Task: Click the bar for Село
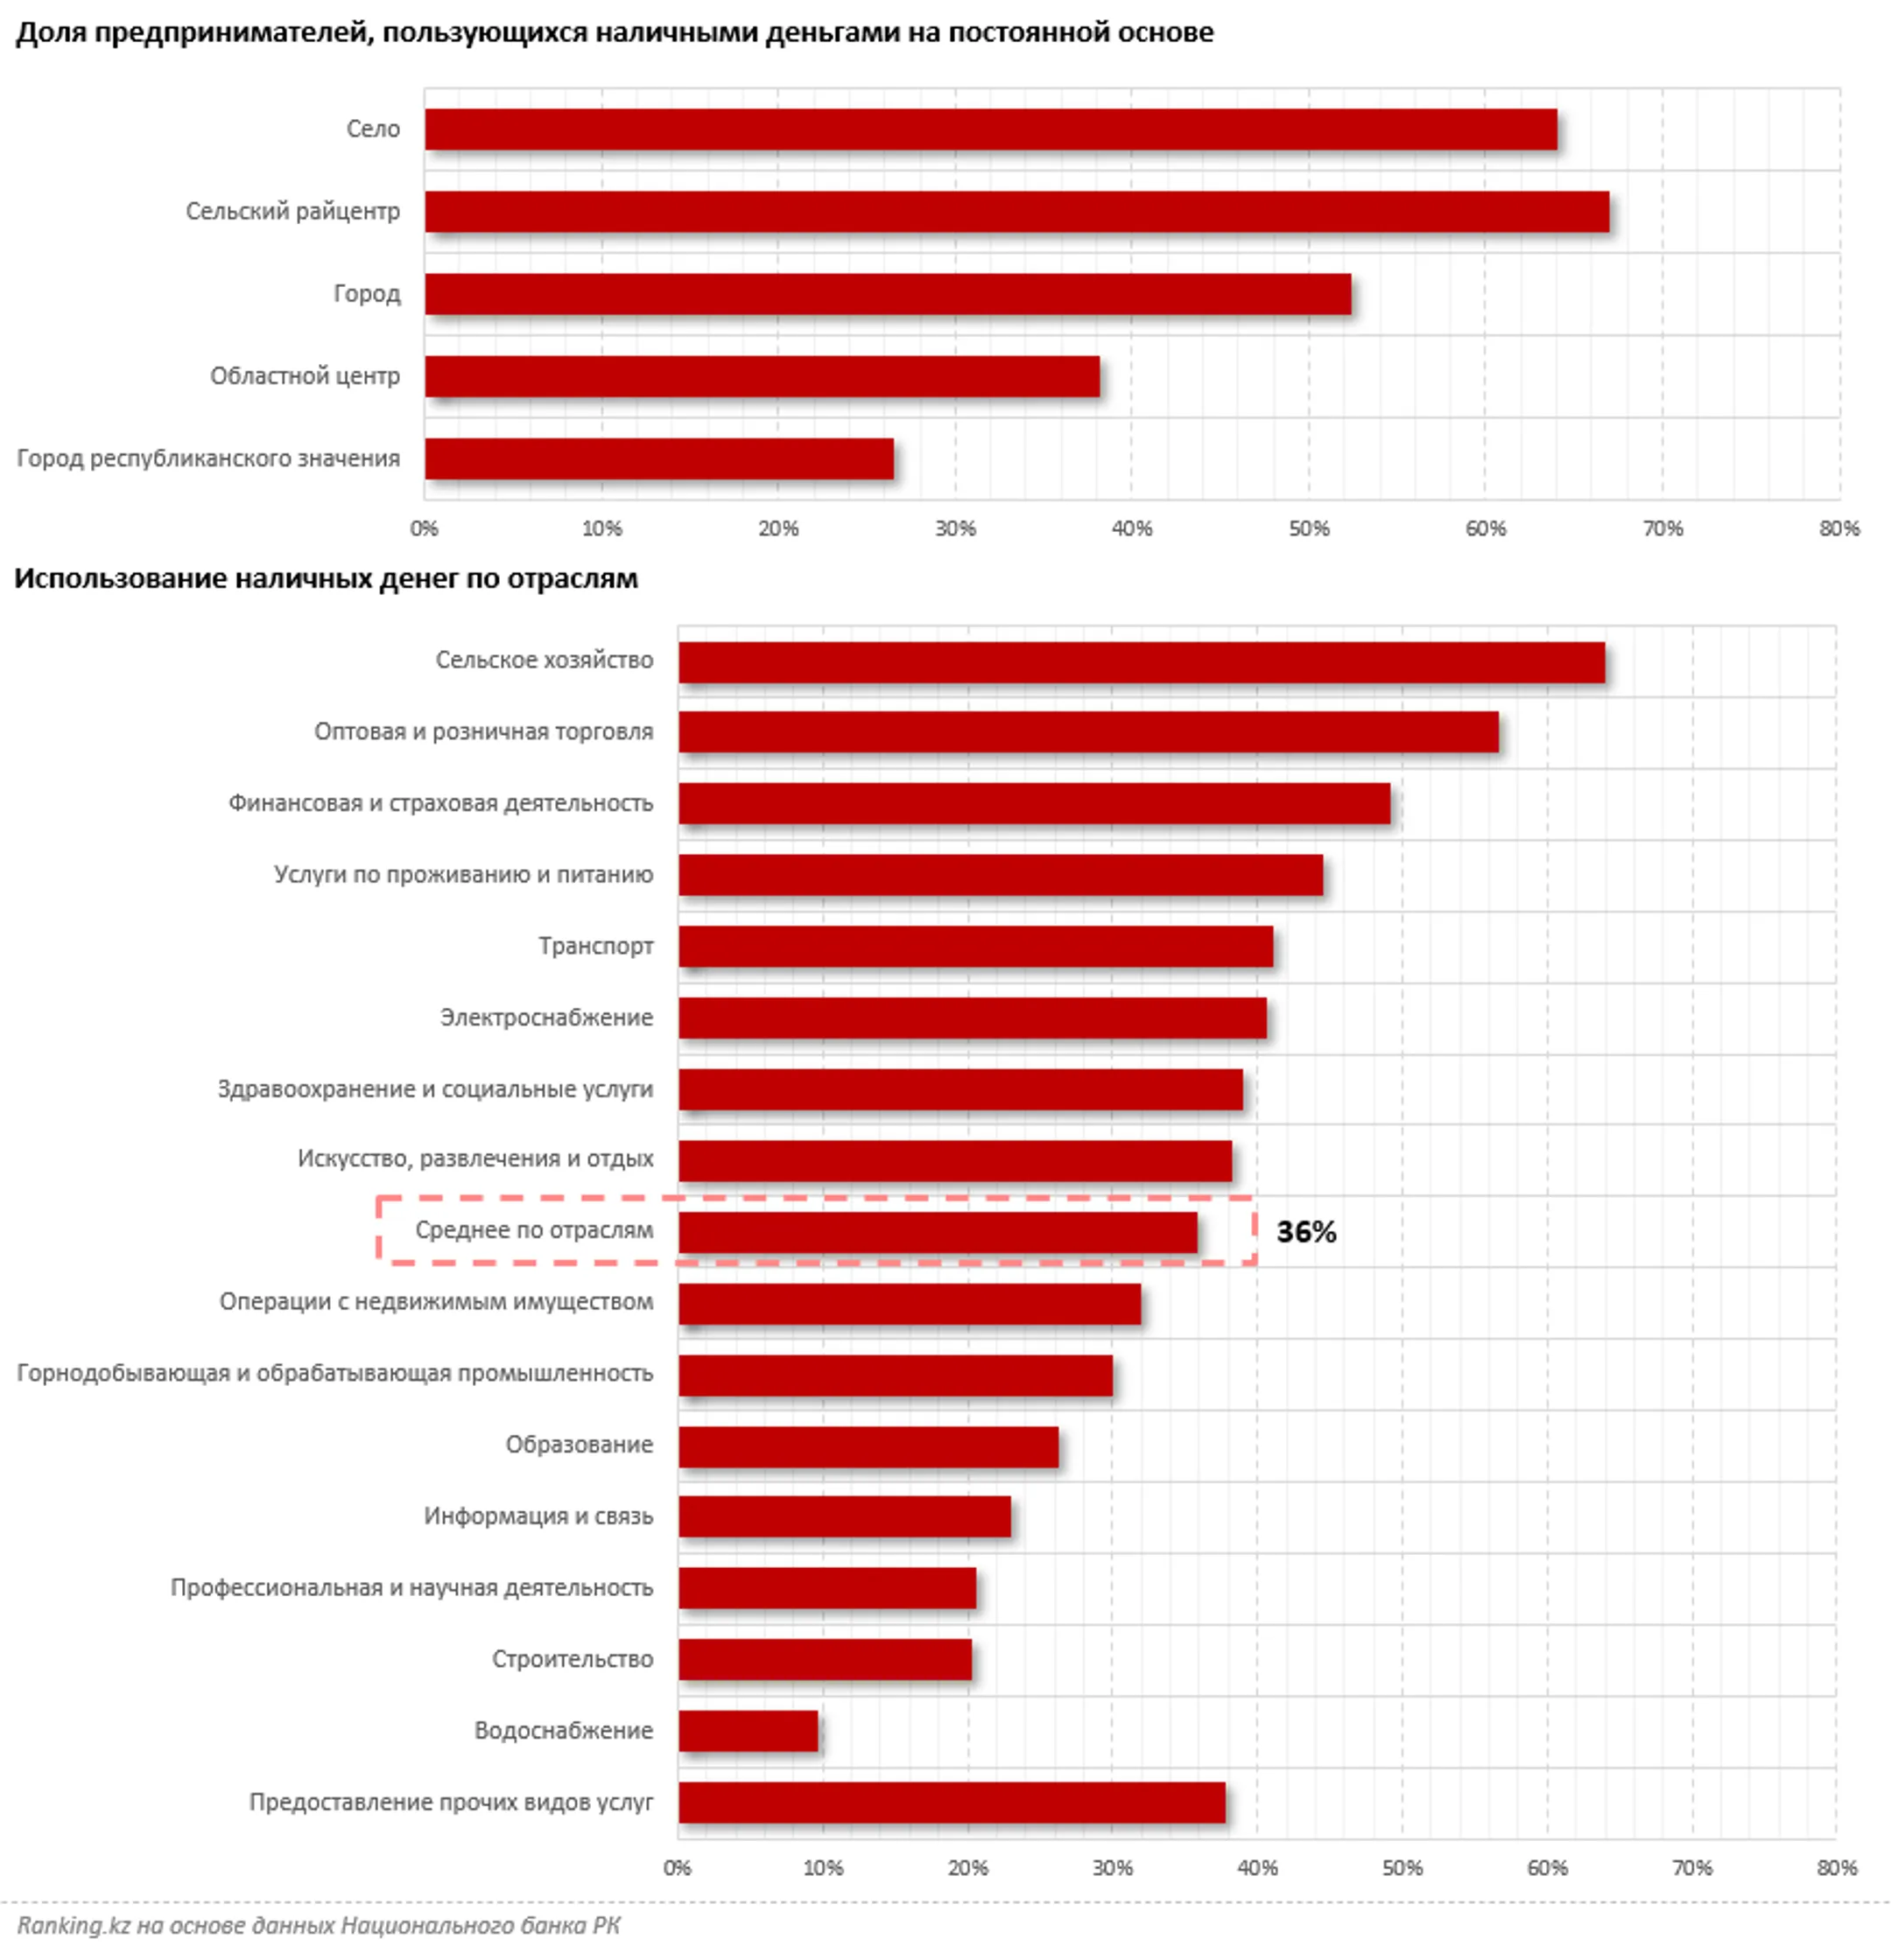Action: [x=991, y=129]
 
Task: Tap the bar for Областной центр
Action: [x=763, y=376]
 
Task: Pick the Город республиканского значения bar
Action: [x=659, y=459]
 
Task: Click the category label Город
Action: [x=367, y=294]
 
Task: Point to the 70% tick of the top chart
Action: [x=1662, y=528]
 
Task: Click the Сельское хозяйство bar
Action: [x=1142, y=662]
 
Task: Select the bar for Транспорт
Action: [x=976, y=947]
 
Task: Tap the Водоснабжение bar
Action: [x=749, y=1732]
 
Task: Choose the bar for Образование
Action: [x=868, y=1447]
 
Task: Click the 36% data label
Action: [x=1306, y=1233]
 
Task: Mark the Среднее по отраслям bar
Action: [x=938, y=1233]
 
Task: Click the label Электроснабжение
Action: [x=546, y=1018]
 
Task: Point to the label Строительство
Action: [x=573, y=1659]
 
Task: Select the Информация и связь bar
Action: [x=844, y=1517]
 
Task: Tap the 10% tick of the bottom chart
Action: [x=822, y=1868]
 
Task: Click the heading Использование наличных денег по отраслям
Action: [x=326, y=579]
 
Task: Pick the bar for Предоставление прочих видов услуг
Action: [x=952, y=1803]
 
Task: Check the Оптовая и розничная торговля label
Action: [x=483, y=731]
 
